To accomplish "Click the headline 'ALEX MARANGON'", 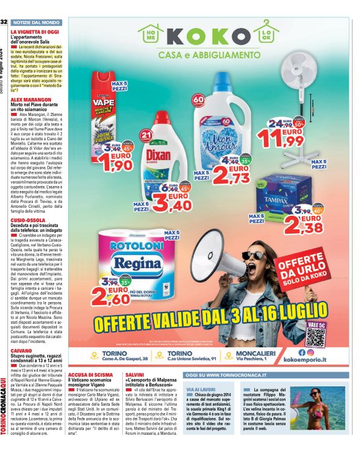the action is click(30, 99).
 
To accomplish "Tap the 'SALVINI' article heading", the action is click(135, 376).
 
